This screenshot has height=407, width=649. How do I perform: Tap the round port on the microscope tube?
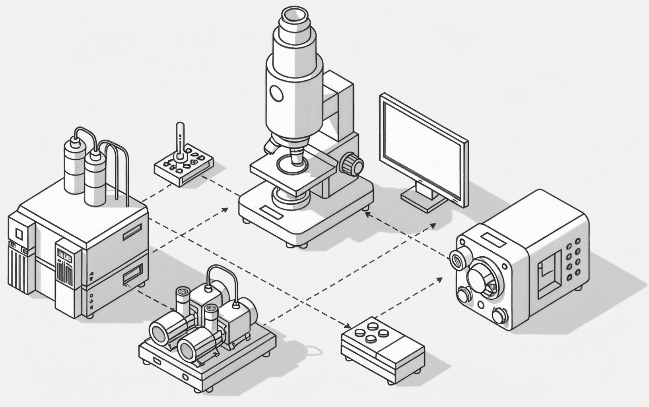click(276, 93)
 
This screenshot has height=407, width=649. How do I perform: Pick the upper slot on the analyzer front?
click(132, 232)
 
